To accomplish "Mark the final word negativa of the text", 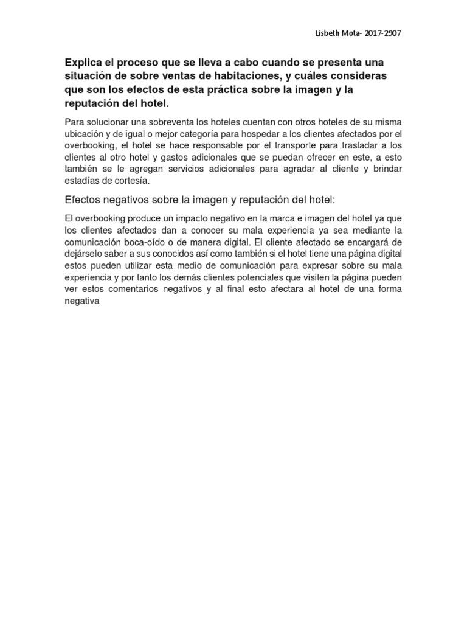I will pyautogui.click(x=81, y=300).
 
